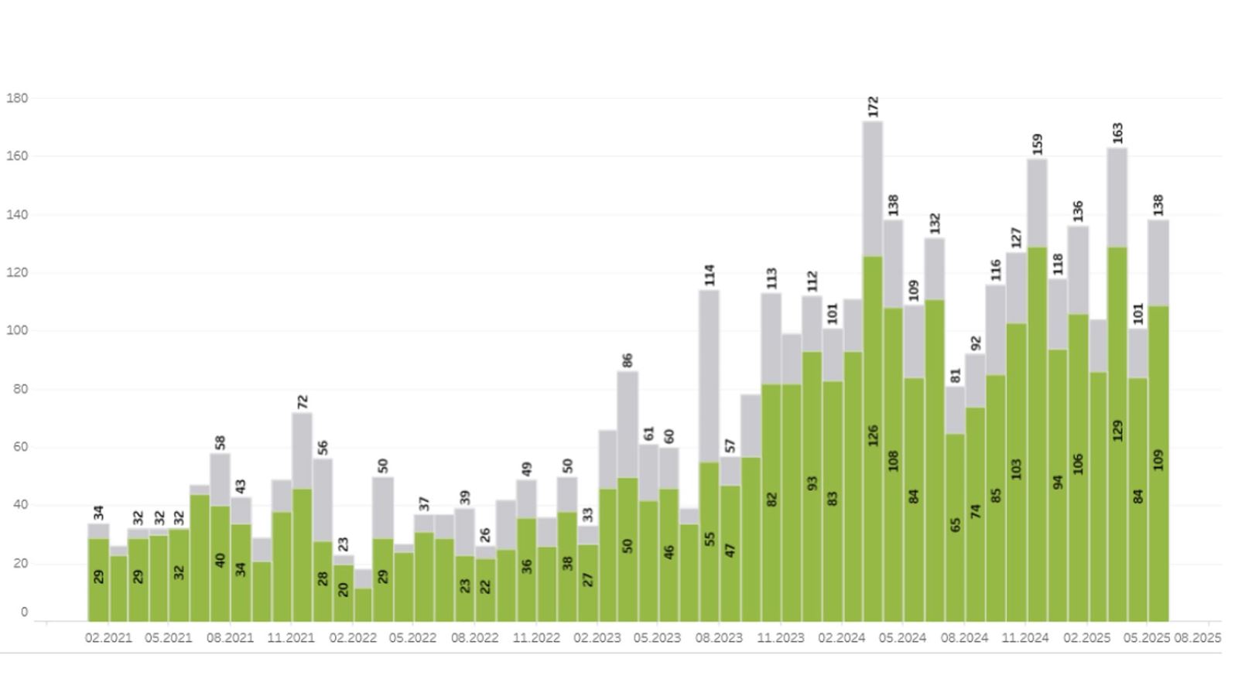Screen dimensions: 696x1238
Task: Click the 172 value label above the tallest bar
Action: pyautogui.click(x=874, y=106)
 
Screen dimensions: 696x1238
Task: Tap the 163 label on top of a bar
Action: pyautogui.click(x=1117, y=132)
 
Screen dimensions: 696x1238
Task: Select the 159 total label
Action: pyautogui.click(x=1038, y=144)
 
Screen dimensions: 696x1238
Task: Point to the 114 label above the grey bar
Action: pyautogui.click(x=710, y=275)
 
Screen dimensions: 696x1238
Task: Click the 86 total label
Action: pyautogui.click(x=628, y=360)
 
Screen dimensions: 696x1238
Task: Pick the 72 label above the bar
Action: pyautogui.click(x=303, y=401)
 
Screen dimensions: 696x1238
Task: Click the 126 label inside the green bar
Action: pyautogui.click(x=874, y=435)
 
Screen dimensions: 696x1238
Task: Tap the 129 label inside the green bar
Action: pyautogui.click(x=1117, y=431)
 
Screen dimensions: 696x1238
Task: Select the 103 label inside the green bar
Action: pyautogui.click(x=1017, y=469)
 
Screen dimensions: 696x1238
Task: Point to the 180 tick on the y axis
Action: pyautogui.click(x=17, y=98)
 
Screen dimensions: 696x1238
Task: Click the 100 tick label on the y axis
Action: pyautogui.click(x=17, y=330)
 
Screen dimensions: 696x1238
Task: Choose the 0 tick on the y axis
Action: pyautogui.click(x=24, y=612)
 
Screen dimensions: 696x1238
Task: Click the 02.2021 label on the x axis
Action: pyautogui.click(x=108, y=638)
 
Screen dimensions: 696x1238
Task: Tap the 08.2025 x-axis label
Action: pyautogui.click(x=1198, y=638)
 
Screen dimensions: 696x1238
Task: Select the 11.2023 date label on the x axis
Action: pyautogui.click(x=780, y=638)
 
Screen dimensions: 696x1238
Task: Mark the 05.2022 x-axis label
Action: pyautogui.click(x=412, y=638)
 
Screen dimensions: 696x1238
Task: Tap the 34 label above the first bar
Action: pyautogui.click(x=98, y=512)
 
